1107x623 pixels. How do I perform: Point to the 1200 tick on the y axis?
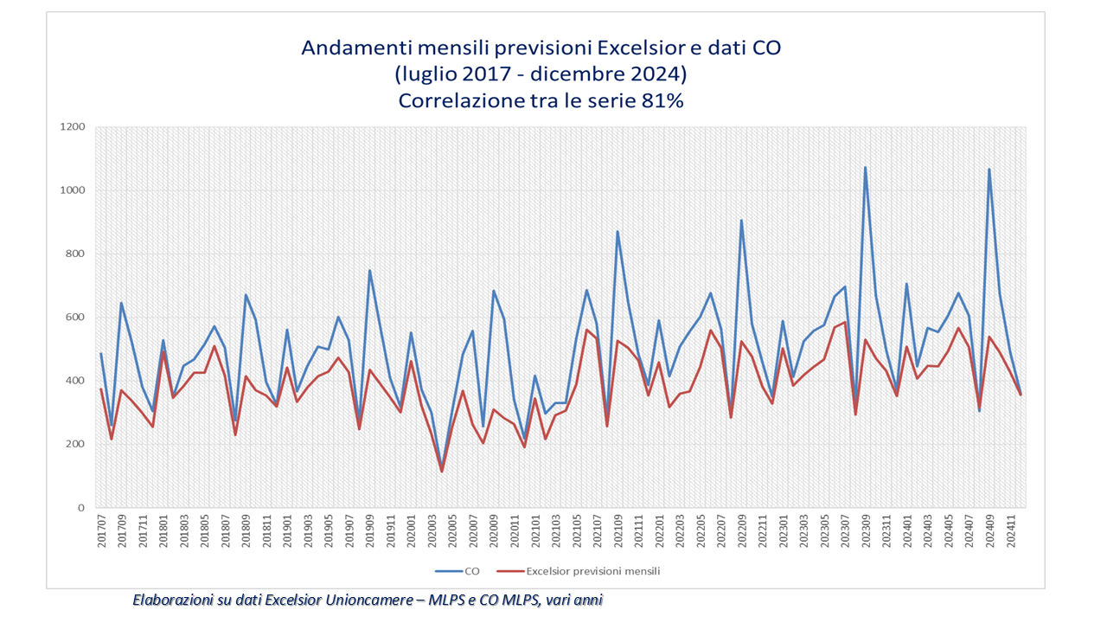[73, 127]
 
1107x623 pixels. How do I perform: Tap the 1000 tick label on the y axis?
[73, 190]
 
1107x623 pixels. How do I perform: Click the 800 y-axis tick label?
[75, 254]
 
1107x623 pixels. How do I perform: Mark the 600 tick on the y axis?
[75, 318]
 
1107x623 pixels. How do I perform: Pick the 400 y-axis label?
[75, 381]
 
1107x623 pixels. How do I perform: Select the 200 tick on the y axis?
[75, 445]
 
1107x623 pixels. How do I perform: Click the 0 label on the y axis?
[81, 508]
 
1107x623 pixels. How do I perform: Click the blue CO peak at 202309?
[865, 168]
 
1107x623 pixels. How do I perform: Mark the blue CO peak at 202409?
[989, 170]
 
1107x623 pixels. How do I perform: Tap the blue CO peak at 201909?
[370, 271]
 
